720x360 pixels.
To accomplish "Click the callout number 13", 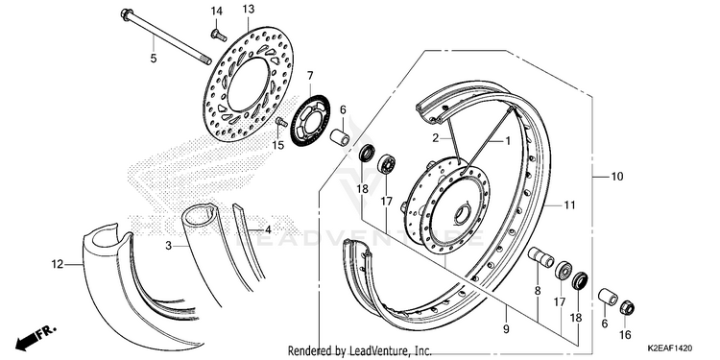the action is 248,10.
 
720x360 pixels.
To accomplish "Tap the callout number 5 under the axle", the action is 154,59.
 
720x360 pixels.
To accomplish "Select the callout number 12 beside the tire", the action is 57,265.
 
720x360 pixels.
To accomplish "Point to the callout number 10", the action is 617,177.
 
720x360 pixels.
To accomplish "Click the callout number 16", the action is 625,335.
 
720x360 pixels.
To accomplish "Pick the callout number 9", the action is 506,328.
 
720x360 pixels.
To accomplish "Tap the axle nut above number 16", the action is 627,307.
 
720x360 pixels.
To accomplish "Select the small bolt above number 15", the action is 281,122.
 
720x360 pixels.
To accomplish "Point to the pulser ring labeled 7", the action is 310,121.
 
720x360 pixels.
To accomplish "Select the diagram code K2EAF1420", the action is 670,349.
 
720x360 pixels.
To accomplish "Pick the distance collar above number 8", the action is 540,256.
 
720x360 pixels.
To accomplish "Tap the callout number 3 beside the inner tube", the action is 169,246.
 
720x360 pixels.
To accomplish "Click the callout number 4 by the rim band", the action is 268,228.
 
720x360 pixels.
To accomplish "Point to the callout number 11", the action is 569,205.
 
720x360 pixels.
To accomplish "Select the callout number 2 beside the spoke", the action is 435,137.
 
